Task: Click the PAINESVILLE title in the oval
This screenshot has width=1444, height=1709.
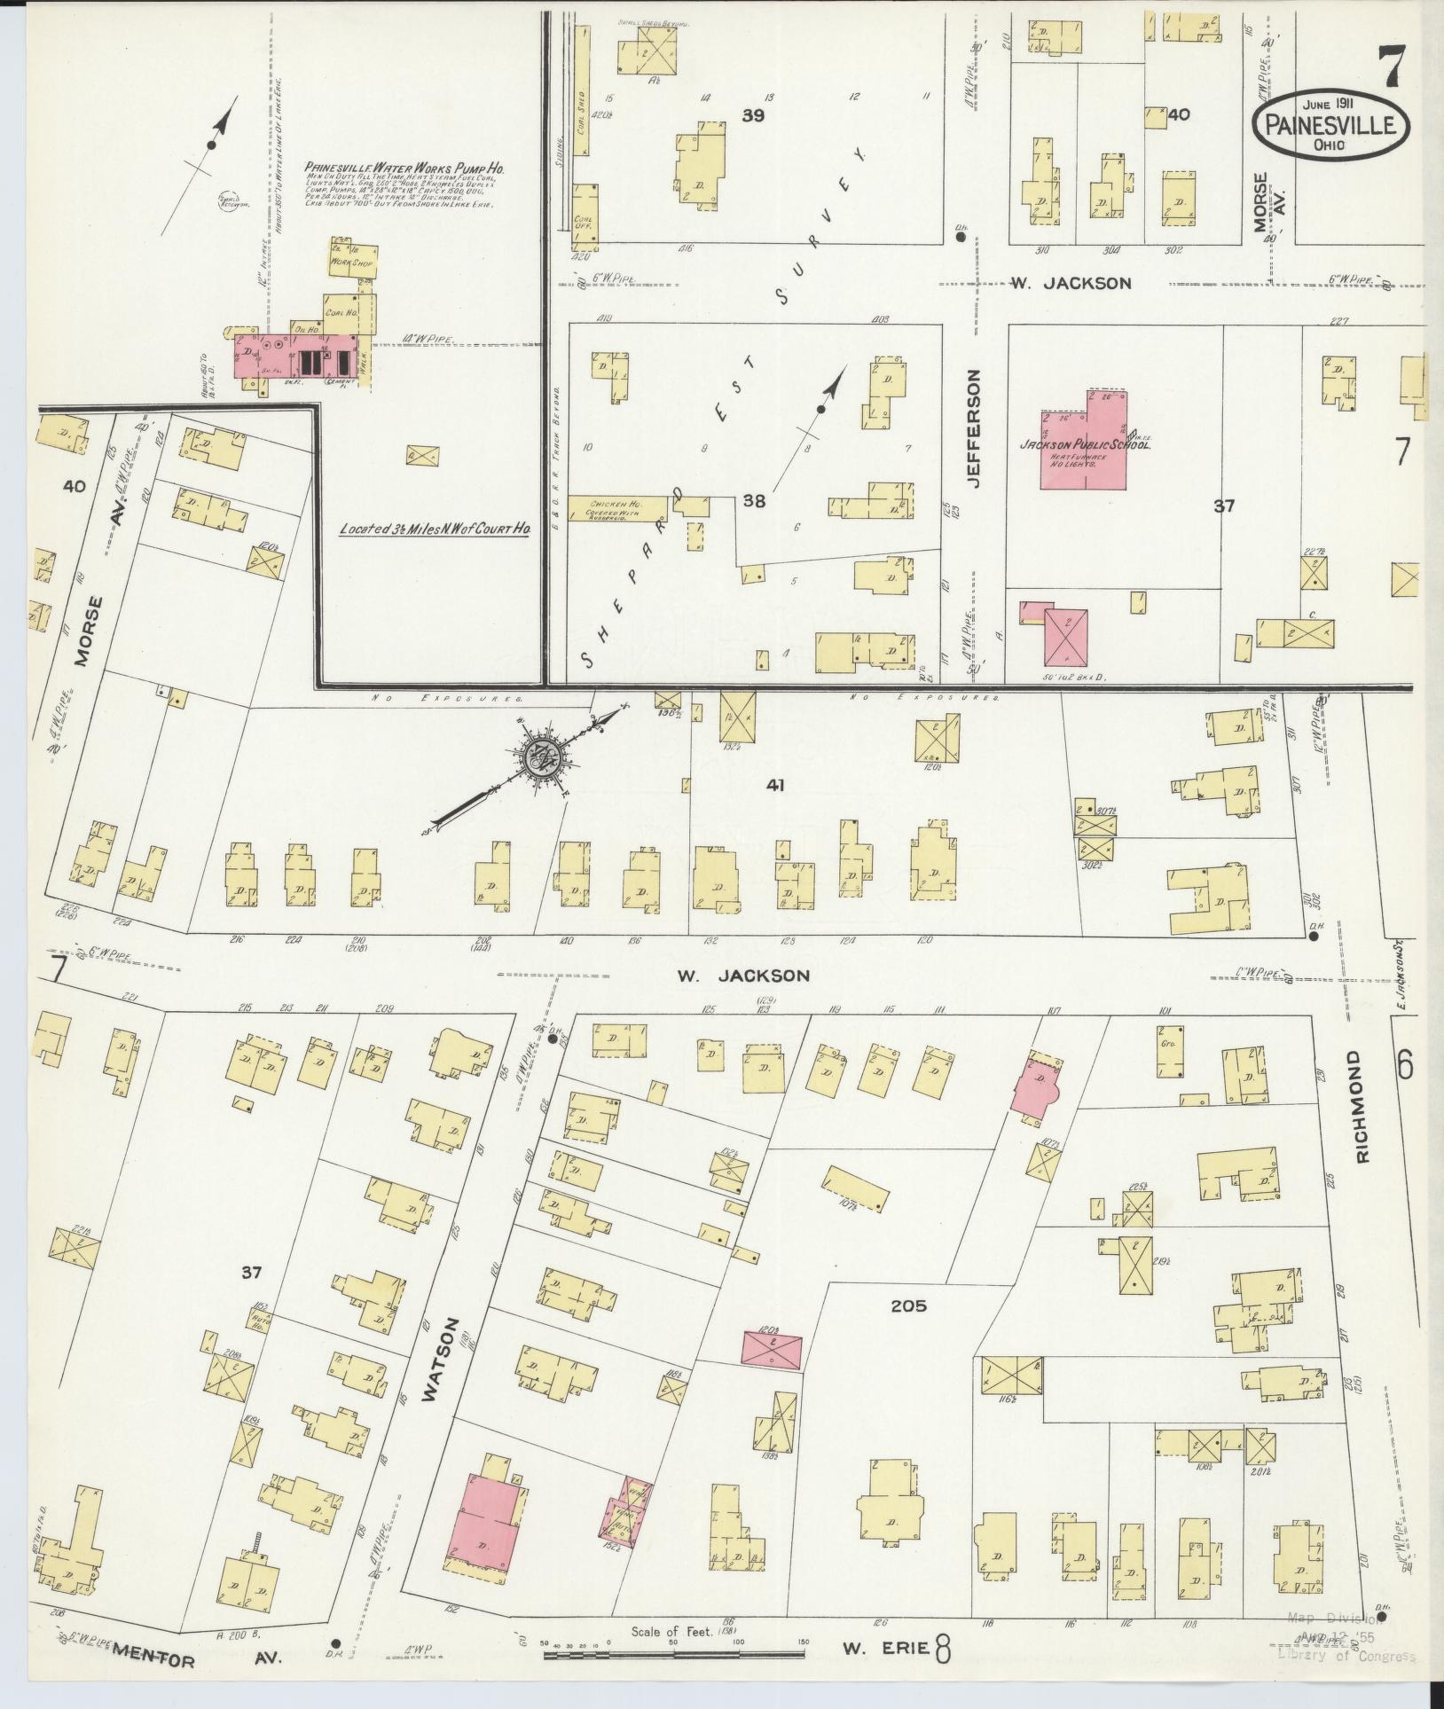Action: point(1330,126)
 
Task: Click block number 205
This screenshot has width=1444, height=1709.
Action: point(908,1305)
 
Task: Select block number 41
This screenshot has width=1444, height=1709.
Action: point(777,785)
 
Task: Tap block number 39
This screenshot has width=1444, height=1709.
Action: point(754,115)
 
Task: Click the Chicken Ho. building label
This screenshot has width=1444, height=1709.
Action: point(612,504)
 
